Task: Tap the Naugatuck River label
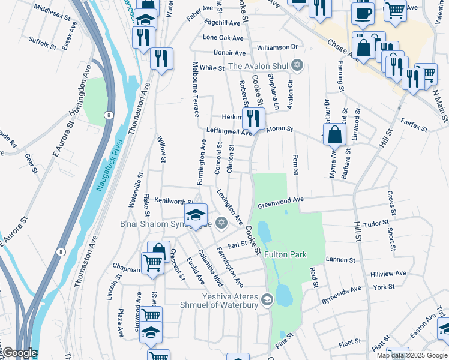(x=109, y=165)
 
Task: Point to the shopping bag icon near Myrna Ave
(x=334, y=134)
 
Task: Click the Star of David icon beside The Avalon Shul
(x=297, y=65)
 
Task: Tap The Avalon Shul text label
(x=259, y=66)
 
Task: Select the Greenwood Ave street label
(x=281, y=205)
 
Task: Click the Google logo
(x=19, y=353)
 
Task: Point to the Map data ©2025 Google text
(x=411, y=355)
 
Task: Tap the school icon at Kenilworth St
(x=196, y=215)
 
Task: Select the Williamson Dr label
(x=277, y=46)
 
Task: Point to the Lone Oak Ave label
(x=224, y=37)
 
